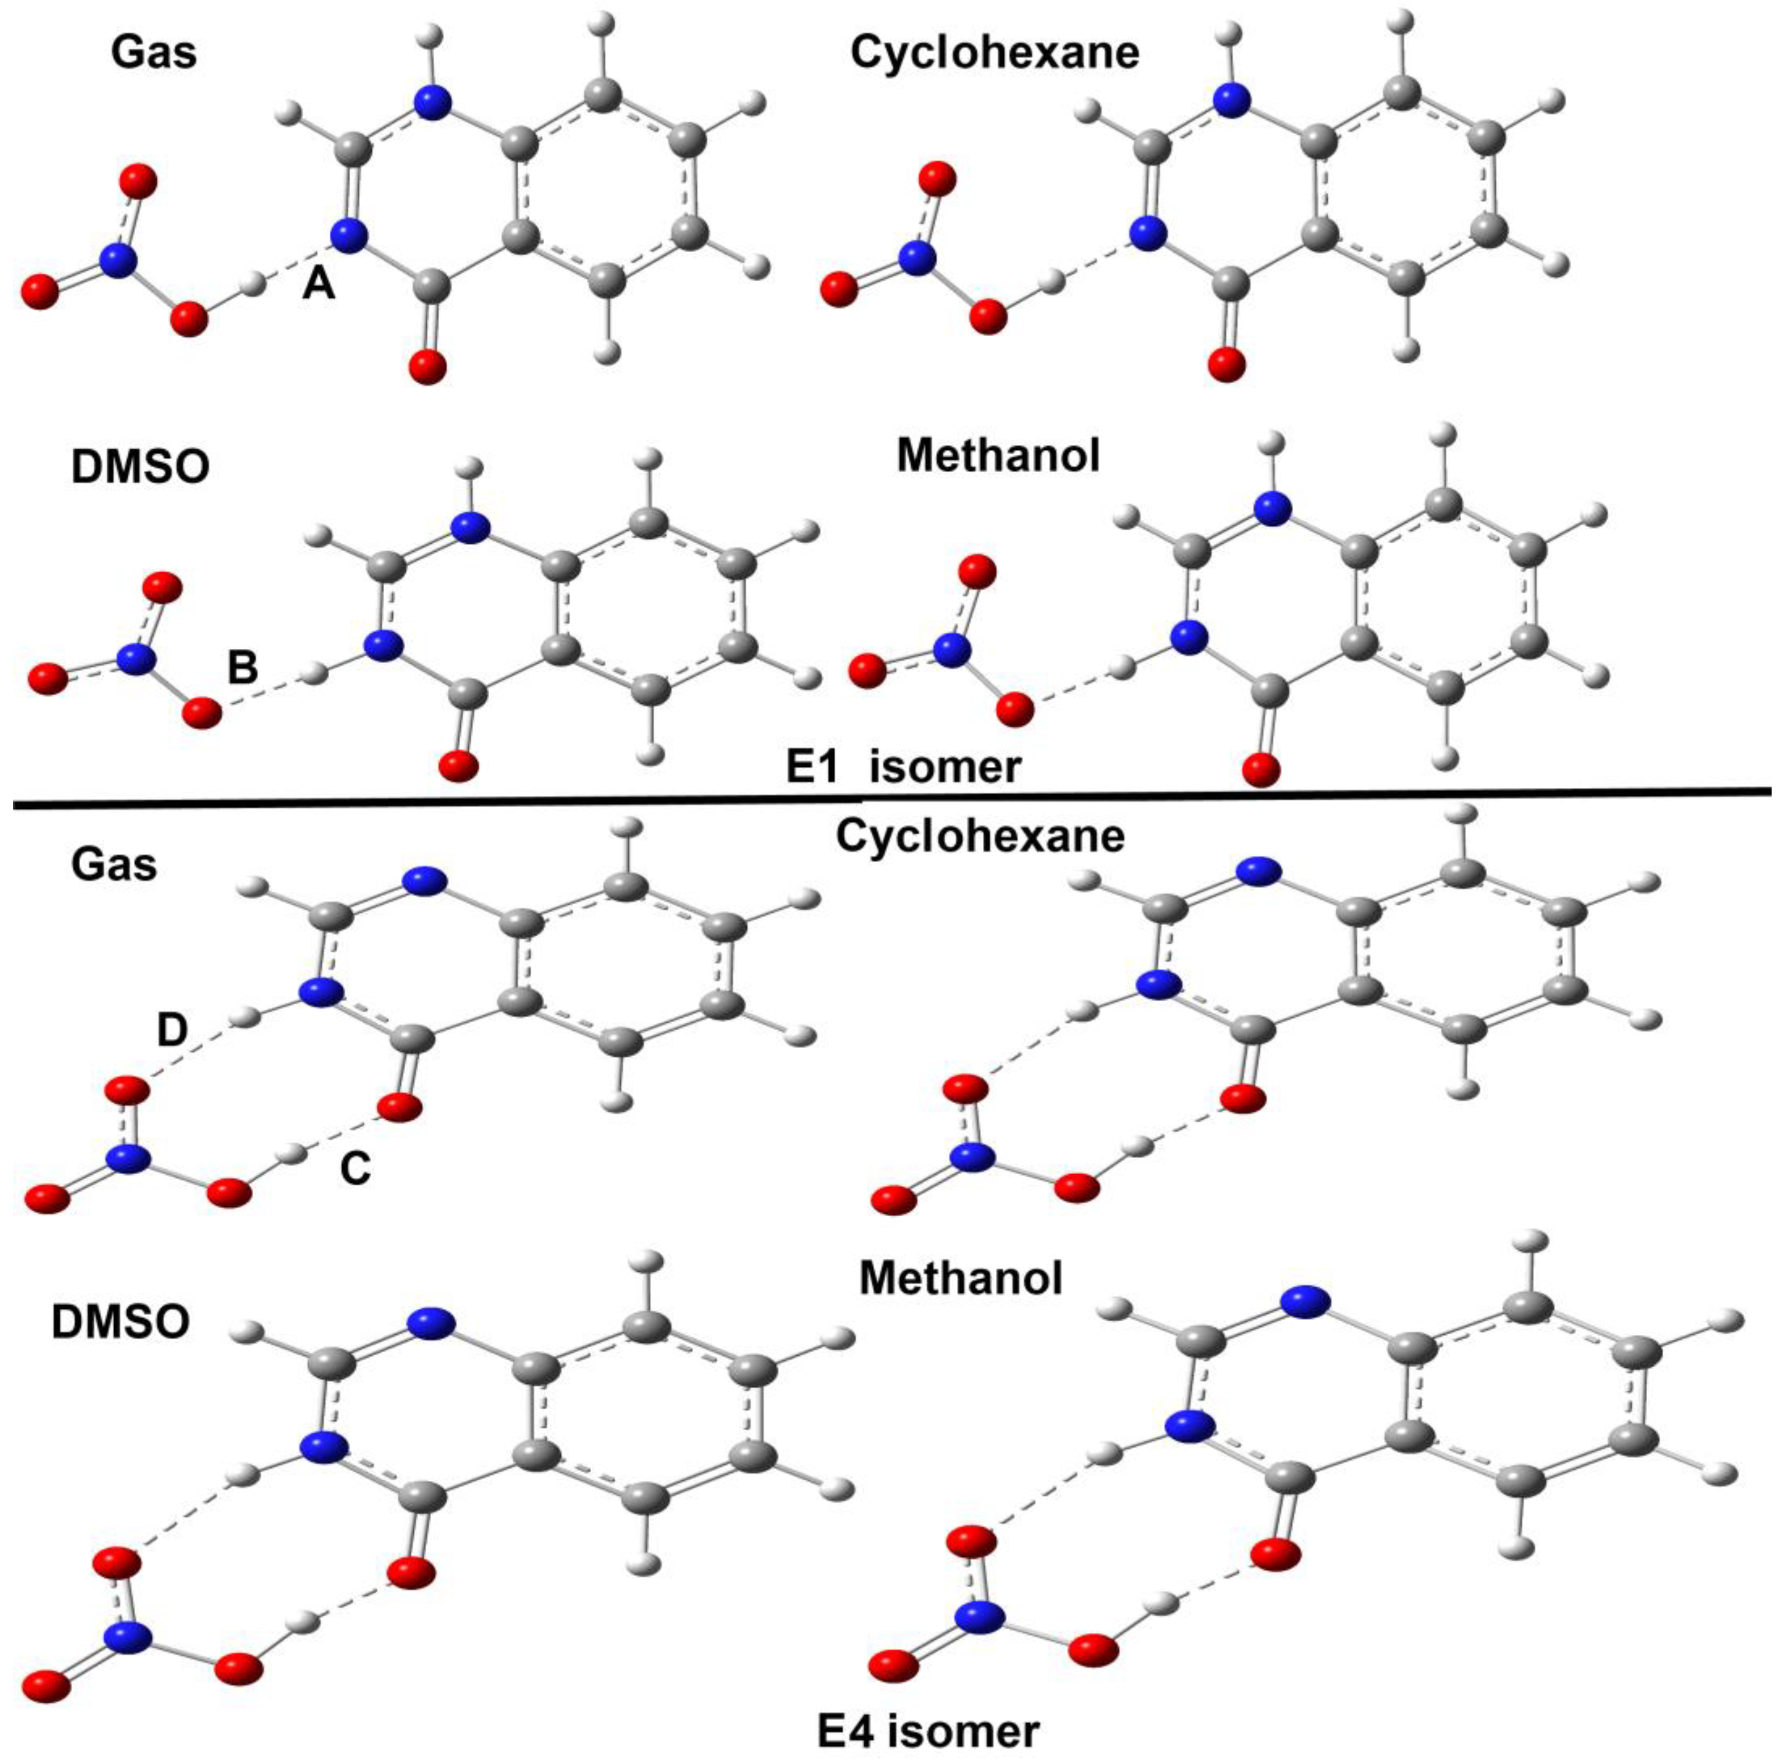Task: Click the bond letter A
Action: pos(318,285)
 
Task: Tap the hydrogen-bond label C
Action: pos(356,1169)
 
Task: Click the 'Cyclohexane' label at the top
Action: pos(995,53)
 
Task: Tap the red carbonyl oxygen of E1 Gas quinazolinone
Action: pos(427,368)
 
